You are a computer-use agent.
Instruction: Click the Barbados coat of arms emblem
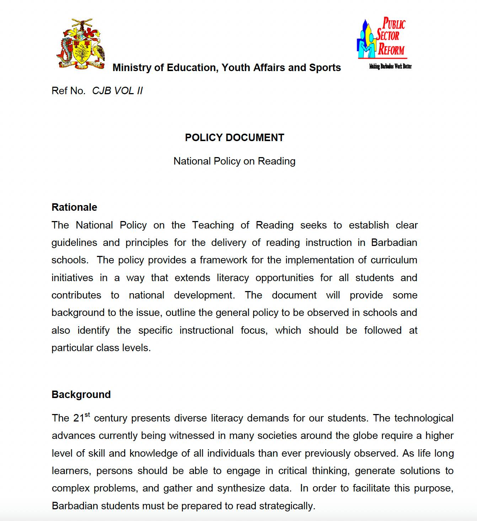click(x=81, y=43)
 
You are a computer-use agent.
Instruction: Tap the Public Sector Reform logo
click(x=382, y=38)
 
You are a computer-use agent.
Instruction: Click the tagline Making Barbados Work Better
click(x=390, y=66)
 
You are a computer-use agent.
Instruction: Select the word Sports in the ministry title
click(x=325, y=68)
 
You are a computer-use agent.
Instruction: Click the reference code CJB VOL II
click(x=117, y=91)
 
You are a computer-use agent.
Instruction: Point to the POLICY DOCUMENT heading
click(x=234, y=138)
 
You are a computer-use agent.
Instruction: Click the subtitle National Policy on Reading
click(x=234, y=161)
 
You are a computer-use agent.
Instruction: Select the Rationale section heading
click(x=74, y=207)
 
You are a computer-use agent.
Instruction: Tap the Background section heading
click(x=81, y=394)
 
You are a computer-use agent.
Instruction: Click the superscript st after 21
click(x=87, y=415)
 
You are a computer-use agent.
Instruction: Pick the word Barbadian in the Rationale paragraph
click(x=394, y=242)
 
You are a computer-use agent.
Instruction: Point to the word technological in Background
click(x=424, y=418)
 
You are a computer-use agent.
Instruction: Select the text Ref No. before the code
click(x=68, y=91)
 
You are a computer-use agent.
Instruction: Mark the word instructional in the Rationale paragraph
click(x=206, y=330)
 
